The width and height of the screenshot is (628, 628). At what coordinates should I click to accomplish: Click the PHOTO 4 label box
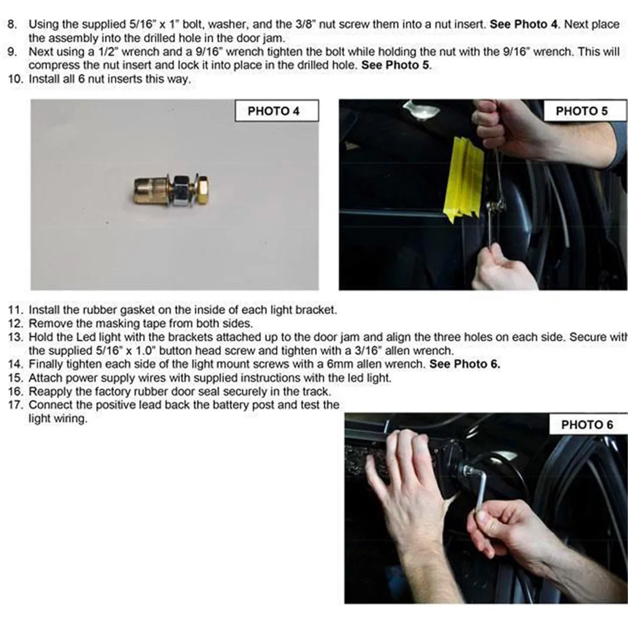(x=277, y=111)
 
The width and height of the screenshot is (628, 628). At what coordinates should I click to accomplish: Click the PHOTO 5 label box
(x=585, y=111)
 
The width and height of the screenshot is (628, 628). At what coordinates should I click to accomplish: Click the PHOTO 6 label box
(x=588, y=424)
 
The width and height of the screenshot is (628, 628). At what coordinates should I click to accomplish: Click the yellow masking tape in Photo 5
(x=464, y=180)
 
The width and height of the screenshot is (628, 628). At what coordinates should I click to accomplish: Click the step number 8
(x=12, y=25)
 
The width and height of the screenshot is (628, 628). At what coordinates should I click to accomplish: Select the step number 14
(x=16, y=364)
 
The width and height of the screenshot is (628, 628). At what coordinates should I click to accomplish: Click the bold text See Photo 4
(x=524, y=25)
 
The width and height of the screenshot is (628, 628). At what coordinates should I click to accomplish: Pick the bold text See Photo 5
(x=395, y=65)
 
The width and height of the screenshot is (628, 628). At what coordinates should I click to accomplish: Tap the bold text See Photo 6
(x=465, y=364)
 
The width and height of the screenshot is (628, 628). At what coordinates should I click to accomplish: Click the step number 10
(x=16, y=79)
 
